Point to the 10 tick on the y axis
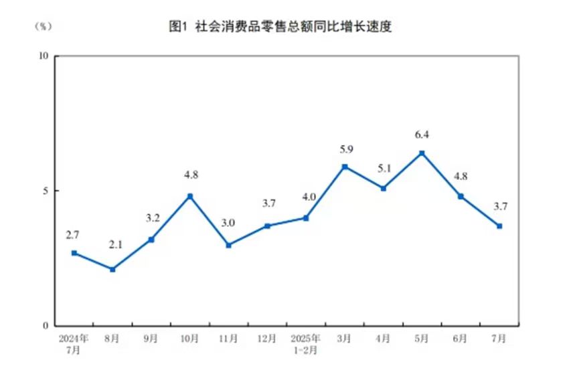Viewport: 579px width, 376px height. coord(44,56)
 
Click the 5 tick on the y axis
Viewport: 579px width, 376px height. coord(47,191)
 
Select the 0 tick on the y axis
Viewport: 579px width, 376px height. coord(47,326)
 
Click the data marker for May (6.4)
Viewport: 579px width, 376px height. coord(422,153)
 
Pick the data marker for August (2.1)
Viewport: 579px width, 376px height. coord(112,269)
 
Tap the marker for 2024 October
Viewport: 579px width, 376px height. coord(190,196)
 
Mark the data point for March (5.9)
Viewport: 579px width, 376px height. coord(345,167)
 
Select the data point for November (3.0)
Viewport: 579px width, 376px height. coord(228,245)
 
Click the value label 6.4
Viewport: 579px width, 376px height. coord(422,135)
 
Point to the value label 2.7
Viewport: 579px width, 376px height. coord(73,236)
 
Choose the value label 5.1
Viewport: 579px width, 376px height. coord(384,169)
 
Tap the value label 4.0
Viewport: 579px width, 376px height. coord(307,198)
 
